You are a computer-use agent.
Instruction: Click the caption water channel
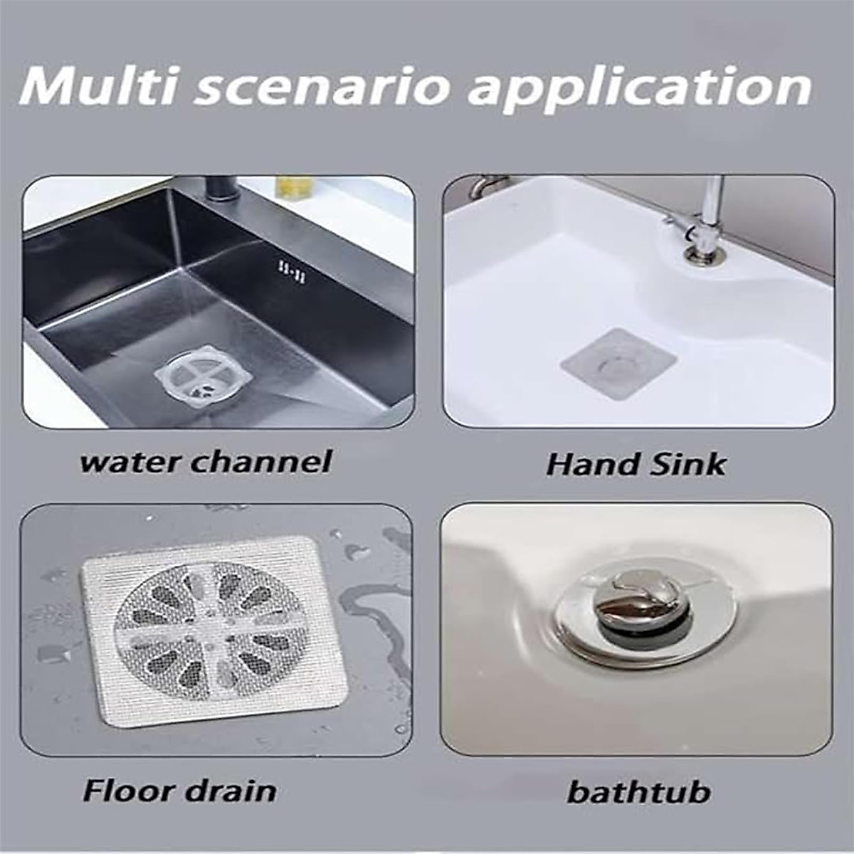click(x=206, y=461)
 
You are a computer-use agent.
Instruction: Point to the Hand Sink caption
click(x=636, y=465)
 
